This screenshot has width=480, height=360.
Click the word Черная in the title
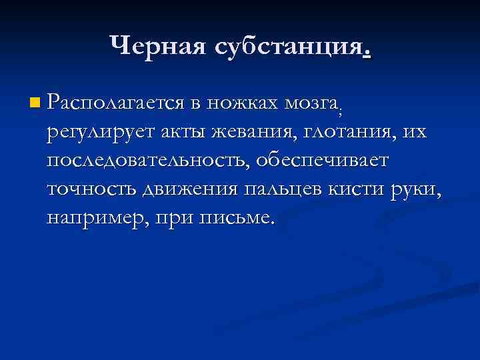(156, 45)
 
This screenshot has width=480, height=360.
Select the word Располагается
(115, 103)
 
